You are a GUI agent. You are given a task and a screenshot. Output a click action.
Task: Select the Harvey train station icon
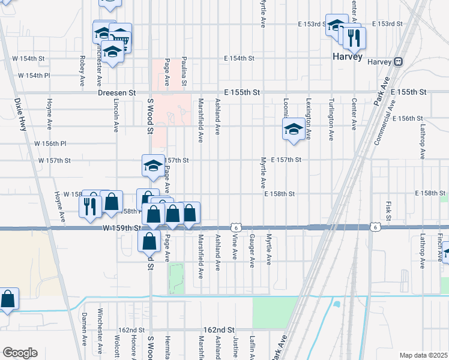(398, 61)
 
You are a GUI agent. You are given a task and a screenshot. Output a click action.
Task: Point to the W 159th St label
(121, 229)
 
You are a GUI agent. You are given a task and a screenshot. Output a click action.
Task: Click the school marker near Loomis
(293, 129)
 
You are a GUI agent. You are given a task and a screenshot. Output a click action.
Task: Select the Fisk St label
(388, 210)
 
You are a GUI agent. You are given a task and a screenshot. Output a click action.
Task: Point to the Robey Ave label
(82, 71)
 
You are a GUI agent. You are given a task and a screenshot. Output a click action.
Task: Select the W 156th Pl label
(50, 144)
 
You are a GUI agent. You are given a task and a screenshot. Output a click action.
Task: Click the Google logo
(20, 353)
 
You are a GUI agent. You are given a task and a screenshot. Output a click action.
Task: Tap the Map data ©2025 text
(423, 355)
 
